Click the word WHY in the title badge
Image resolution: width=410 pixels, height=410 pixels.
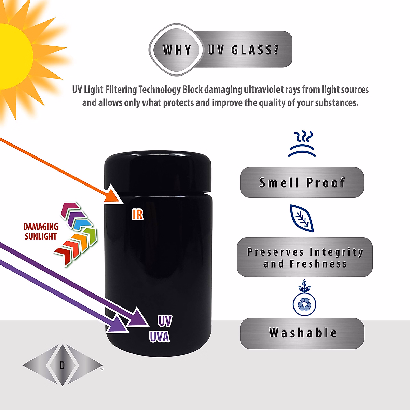tap(177, 50)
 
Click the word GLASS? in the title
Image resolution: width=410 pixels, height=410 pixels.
tap(255, 50)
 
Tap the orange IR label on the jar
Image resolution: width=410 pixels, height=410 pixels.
tap(137, 214)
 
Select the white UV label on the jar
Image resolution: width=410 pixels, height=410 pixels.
tap(165, 321)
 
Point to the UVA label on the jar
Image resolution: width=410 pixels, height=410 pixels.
tap(159, 337)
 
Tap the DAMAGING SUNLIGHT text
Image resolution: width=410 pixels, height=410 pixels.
tap(41, 231)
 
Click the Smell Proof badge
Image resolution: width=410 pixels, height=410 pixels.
tap(302, 182)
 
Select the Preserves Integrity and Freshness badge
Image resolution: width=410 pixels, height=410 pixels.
tap(305, 257)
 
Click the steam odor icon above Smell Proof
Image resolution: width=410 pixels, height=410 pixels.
tap(302, 143)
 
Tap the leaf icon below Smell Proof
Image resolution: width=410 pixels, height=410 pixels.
tap(302, 218)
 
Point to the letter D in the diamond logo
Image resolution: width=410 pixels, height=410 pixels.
tap(62, 366)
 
